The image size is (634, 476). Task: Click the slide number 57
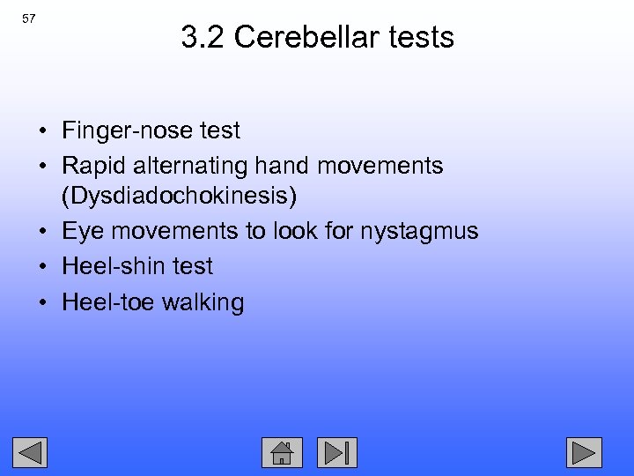point(28,19)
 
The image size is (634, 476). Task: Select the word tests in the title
point(422,37)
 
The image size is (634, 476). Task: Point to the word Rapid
point(90,166)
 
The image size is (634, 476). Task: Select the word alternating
point(188,166)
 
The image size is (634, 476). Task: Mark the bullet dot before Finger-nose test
point(42,132)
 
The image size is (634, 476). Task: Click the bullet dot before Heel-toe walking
point(42,304)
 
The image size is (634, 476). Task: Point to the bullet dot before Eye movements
point(42,233)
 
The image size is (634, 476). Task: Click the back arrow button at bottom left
point(31,452)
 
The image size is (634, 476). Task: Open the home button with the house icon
point(282,452)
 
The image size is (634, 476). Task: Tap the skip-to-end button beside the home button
point(336,452)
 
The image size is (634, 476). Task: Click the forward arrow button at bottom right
point(583,452)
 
